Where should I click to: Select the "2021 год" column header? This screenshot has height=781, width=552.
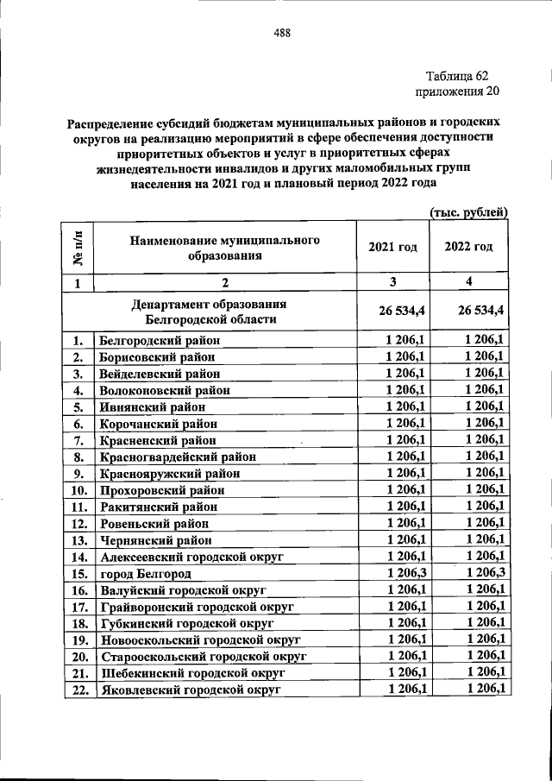click(x=392, y=247)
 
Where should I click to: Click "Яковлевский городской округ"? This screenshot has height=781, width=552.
click(x=191, y=689)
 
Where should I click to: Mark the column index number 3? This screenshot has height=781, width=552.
click(x=392, y=282)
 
